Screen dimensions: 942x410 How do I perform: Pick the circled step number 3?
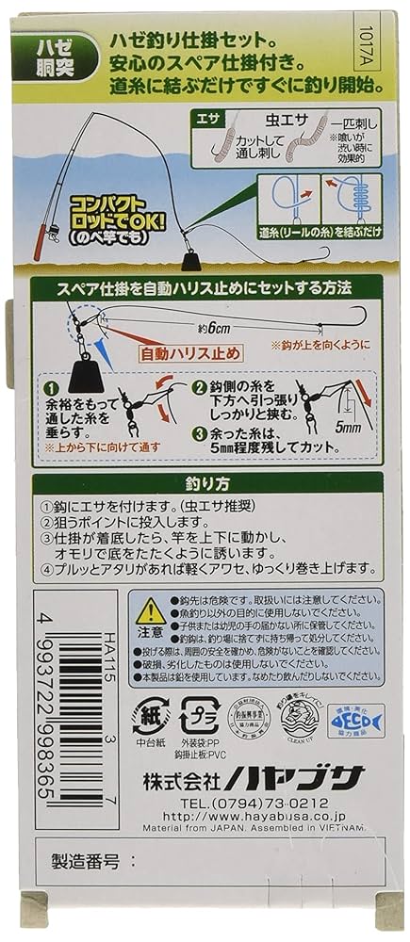click(x=201, y=434)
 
